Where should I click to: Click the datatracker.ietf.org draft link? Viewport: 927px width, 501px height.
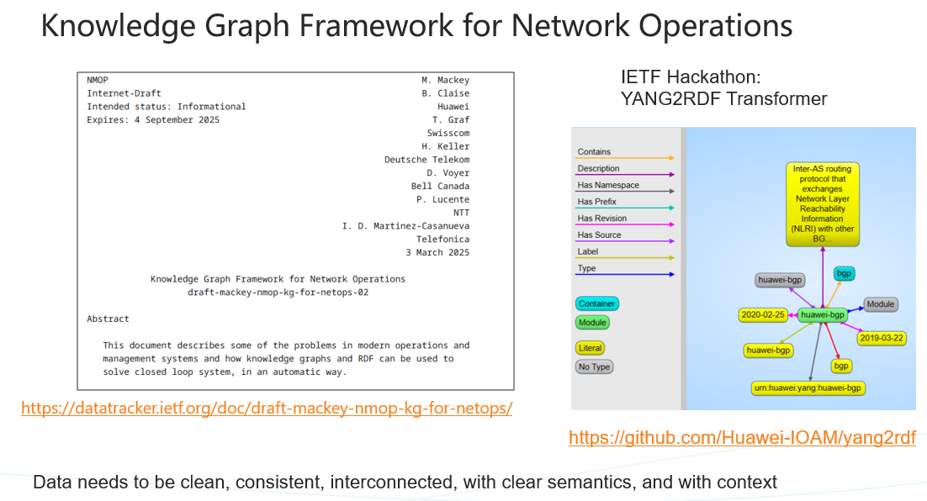coord(267,409)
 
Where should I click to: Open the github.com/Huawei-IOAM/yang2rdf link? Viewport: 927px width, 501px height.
coord(742,438)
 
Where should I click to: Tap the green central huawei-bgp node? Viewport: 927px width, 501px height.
coord(823,315)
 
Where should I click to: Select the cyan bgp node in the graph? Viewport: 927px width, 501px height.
coord(845,273)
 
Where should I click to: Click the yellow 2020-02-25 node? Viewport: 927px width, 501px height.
coord(763,315)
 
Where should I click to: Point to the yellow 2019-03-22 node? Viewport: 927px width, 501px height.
coord(882,339)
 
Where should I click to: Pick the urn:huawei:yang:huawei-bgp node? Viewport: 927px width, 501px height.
coord(808,388)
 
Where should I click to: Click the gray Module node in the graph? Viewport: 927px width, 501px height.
coord(880,304)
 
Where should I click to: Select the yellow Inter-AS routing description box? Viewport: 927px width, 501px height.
coord(823,203)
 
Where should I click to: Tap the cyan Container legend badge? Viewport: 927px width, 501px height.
coord(597,303)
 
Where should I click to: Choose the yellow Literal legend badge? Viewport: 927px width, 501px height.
coord(590,348)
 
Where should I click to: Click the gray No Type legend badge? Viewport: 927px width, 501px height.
coord(594,367)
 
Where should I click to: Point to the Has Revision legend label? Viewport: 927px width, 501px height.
coord(601,218)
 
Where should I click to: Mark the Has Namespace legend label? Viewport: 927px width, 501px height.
coord(608,185)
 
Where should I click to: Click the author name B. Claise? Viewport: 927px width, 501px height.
coord(445,93)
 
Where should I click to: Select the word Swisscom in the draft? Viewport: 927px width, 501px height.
coord(448,133)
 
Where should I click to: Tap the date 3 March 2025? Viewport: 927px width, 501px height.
coord(437,252)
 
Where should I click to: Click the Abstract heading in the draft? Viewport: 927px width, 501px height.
coord(108,319)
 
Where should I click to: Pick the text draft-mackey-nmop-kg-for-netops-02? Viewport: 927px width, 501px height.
coord(278,293)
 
